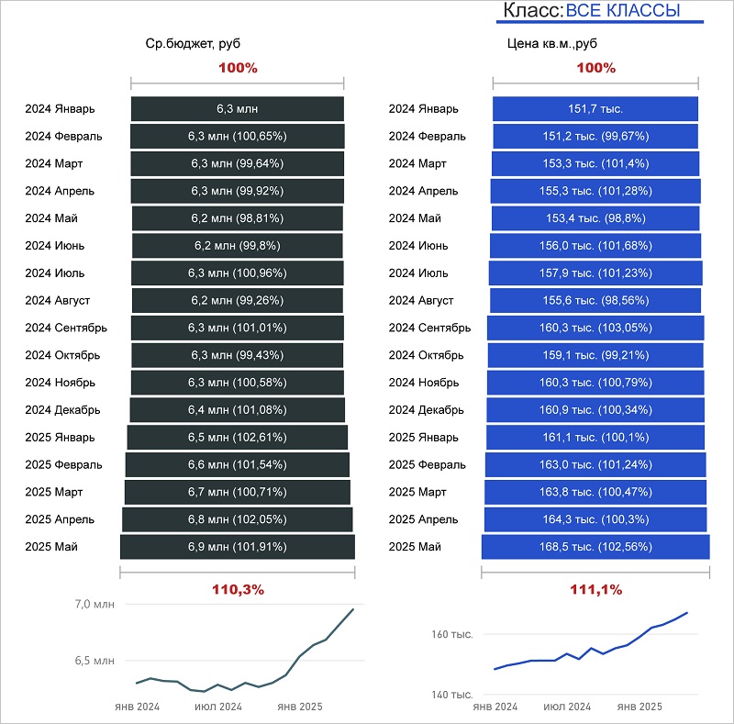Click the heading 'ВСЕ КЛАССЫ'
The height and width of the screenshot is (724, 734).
click(623, 11)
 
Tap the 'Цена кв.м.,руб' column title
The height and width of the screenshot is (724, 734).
click(551, 43)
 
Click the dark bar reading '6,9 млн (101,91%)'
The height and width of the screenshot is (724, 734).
click(238, 547)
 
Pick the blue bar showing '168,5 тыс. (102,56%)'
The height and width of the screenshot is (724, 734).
click(595, 547)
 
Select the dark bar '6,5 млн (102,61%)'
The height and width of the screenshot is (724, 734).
click(238, 437)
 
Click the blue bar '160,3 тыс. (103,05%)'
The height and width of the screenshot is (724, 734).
click(595, 328)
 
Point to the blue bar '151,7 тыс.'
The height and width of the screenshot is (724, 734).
click(595, 108)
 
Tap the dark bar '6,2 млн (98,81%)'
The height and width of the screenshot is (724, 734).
click(238, 218)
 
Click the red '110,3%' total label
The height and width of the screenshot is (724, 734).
click(238, 588)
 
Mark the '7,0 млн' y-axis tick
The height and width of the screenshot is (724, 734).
click(95, 604)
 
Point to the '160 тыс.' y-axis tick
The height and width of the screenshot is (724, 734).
click(451, 634)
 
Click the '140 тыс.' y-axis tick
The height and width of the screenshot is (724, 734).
click(451, 695)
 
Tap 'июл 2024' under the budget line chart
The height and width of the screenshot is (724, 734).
click(217, 707)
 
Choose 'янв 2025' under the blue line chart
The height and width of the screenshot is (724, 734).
click(639, 707)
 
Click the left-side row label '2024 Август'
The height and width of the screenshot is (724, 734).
click(58, 300)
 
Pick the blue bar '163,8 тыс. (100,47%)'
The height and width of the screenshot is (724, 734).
click(595, 492)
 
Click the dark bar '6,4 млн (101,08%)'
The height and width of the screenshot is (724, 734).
click(238, 409)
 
